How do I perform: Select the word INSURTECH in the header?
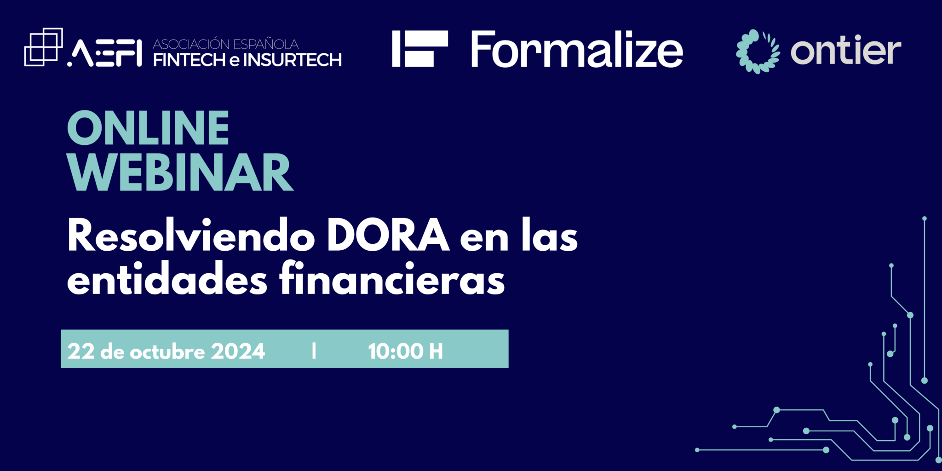click(x=292, y=60)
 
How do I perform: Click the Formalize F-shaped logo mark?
click(x=419, y=49)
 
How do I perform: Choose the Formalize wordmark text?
click(x=577, y=49)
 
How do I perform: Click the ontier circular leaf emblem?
click(x=758, y=51)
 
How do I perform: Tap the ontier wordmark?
click(x=846, y=50)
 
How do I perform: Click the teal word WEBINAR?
click(x=180, y=172)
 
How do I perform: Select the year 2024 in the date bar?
click(x=238, y=351)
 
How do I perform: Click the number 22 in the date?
click(x=81, y=351)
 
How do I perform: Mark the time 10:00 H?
click(x=405, y=351)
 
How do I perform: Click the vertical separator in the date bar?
click(x=314, y=351)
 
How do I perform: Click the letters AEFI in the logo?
click(x=104, y=53)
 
